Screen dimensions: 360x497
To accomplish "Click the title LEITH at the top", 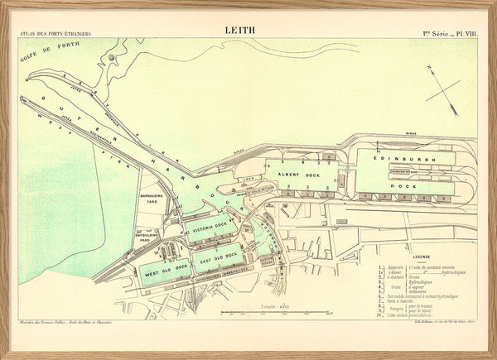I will [240, 30].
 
